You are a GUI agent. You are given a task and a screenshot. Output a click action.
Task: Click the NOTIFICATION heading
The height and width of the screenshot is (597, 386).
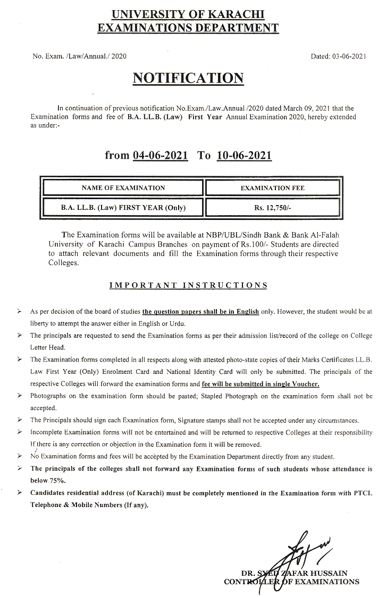pos(188,78)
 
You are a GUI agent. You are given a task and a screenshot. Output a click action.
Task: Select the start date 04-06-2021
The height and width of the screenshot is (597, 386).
pos(161,155)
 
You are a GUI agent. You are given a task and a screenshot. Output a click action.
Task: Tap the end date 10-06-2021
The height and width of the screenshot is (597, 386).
pos(245,155)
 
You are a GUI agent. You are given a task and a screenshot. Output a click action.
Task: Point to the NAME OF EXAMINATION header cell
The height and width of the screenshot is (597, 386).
pos(123,188)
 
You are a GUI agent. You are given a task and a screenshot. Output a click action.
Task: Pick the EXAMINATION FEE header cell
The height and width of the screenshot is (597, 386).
pos(273,188)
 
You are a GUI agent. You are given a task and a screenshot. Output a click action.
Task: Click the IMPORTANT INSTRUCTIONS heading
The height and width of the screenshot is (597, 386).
pos(188,285)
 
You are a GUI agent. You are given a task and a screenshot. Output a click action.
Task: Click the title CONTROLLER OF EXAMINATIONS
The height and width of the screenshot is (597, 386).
pos(291,582)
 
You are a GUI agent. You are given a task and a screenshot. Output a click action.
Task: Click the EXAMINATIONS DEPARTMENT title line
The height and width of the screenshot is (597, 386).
pos(188,28)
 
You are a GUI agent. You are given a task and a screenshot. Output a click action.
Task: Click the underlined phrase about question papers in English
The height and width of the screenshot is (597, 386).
pos(200,311)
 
